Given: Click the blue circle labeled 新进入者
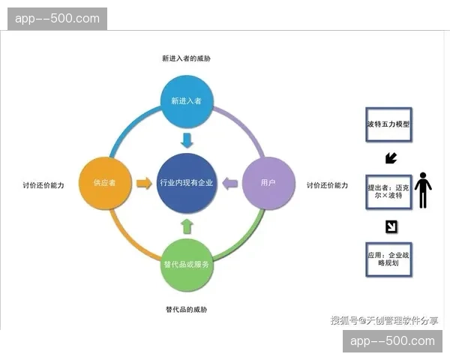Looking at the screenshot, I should (x=187, y=101).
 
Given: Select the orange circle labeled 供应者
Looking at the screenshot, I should (x=105, y=183).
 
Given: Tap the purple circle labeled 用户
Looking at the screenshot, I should (x=268, y=183).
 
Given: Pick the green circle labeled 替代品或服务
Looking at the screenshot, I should (x=187, y=264).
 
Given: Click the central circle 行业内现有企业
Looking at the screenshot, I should (x=187, y=183).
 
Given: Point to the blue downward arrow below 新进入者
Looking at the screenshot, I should (x=187, y=139).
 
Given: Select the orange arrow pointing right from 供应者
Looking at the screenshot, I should (x=144, y=183).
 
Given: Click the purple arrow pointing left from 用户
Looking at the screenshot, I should (x=230, y=183).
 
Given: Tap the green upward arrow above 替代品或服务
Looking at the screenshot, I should (x=187, y=226).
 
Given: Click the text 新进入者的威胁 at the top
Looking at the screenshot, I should (x=187, y=58).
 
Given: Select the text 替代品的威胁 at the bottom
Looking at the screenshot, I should (x=187, y=309).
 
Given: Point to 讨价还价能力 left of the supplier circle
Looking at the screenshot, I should (x=43, y=185).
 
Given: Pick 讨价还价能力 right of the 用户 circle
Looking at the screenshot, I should (x=327, y=185).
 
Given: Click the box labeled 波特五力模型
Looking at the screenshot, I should (x=388, y=124).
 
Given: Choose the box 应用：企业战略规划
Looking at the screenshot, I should (x=388, y=259).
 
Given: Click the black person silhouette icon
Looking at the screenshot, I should (x=424, y=190).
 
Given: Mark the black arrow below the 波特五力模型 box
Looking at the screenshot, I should (x=390, y=158).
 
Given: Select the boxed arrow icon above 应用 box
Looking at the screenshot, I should (x=391, y=226).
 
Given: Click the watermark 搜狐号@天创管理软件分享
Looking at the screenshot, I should (x=385, y=321).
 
